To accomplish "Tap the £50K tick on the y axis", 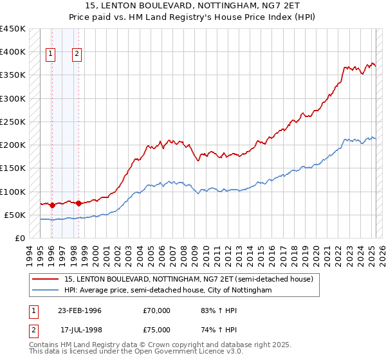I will tap(15, 215).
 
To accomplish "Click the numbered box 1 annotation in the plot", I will tap(50, 55).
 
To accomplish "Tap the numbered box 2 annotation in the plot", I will tap(77, 55).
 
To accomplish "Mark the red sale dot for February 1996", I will tap(52, 206).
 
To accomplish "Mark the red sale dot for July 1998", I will tap(78, 203).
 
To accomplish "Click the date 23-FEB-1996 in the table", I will tap(80, 310).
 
